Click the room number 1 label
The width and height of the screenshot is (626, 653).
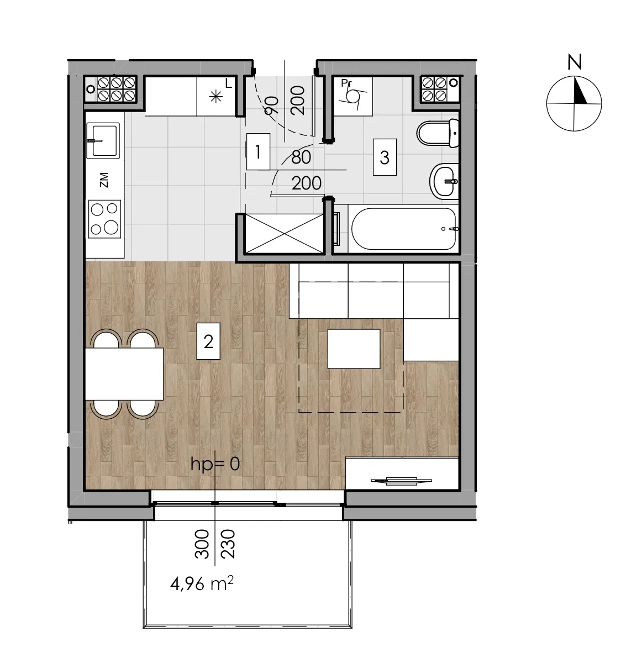[x=258, y=151]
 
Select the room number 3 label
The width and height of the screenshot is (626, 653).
[x=385, y=157]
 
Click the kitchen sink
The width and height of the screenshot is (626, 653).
[x=102, y=141]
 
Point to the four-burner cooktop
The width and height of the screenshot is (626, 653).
[x=104, y=219]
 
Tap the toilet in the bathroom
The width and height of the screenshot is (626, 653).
[x=438, y=133]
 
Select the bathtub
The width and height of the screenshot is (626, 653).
[x=403, y=229]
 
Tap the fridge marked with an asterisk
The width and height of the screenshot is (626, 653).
[x=215, y=97]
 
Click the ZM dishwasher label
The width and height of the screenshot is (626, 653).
[x=104, y=180]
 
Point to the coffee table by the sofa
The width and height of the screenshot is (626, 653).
[x=354, y=349]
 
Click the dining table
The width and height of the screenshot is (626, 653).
[x=124, y=374]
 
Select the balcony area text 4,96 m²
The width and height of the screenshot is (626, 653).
[x=202, y=583]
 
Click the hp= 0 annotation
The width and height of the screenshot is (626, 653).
[x=215, y=464]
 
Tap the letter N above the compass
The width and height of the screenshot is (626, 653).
[x=575, y=62]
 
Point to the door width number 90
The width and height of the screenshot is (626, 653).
[x=271, y=105]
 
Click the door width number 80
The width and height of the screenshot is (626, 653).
[x=301, y=157]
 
